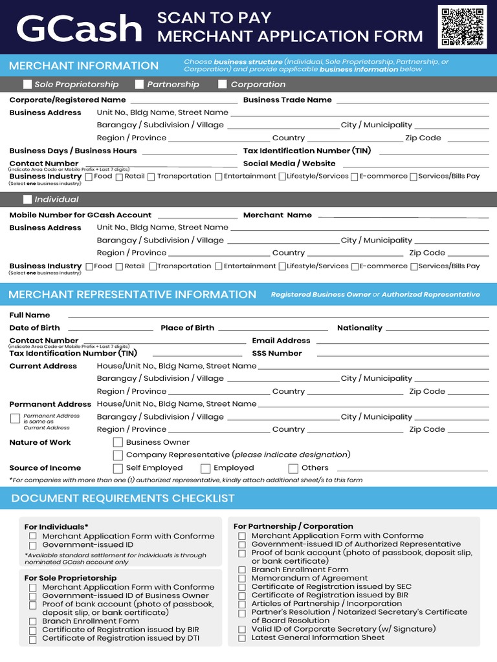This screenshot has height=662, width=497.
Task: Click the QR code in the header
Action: (x=462, y=27)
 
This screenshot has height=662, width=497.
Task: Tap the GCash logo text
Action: (x=79, y=29)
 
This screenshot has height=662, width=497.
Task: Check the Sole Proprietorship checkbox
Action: (x=27, y=84)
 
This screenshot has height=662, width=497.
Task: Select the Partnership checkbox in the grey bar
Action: (x=140, y=84)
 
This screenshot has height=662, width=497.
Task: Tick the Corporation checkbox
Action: (x=223, y=84)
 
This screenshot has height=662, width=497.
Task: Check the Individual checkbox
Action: (x=27, y=199)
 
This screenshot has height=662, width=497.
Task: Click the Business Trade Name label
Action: (x=287, y=100)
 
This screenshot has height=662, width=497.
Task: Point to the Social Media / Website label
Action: (x=289, y=164)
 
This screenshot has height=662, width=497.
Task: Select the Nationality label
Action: (x=360, y=328)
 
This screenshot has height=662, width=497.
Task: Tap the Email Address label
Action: (x=281, y=341)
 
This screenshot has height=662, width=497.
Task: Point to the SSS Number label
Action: (x=277, y=354)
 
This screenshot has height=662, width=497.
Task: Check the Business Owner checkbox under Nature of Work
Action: (x=118, y=442)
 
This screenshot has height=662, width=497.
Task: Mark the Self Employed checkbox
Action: (x=118, y=468)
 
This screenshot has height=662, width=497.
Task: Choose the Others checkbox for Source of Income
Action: (x=293, y=468)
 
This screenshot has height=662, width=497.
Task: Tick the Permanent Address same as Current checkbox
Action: (x=16, y=419)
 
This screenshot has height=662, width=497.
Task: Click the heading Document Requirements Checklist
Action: (x=123, y=498)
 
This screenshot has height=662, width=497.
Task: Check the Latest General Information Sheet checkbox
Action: (x=242, y=638)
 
